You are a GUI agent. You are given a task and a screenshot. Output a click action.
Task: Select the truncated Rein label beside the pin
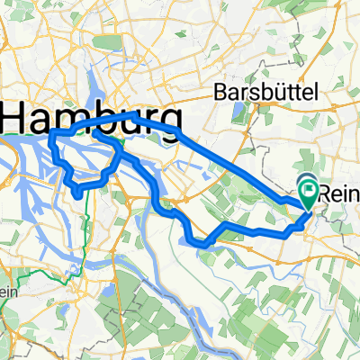click(341, 192)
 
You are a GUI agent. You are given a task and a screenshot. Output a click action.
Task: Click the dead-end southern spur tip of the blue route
click(79, 193)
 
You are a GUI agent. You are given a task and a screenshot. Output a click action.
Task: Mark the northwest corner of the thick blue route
click(52, 132)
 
